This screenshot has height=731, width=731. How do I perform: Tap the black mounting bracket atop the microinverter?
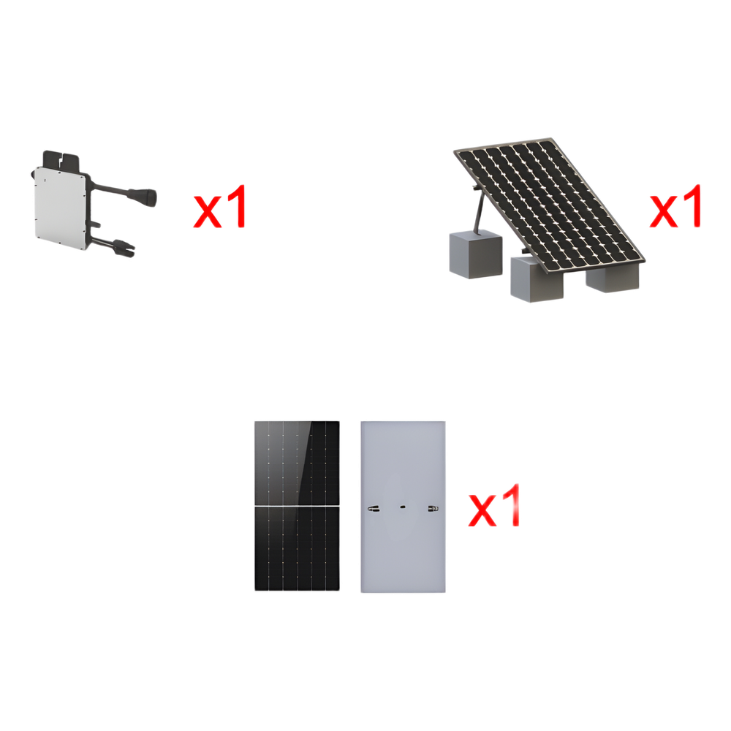click(x=61, y=160)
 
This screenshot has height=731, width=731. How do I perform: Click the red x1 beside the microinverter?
click(x=219, y=207)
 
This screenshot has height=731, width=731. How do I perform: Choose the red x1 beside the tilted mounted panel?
click(x=675, y=206)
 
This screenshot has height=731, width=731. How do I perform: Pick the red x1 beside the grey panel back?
click(x=493, y=506)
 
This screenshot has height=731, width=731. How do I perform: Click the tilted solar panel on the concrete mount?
click(x=549, y=204)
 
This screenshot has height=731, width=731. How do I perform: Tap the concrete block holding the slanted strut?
click(x=476, y=255)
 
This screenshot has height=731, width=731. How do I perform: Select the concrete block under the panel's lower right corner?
click(x=612, y=278)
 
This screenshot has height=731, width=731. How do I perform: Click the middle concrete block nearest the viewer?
click(x=537, y=279)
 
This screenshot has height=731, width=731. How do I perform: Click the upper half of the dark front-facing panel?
click(x=297, y=463)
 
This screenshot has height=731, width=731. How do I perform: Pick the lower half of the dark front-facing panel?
click(x=297, y=549)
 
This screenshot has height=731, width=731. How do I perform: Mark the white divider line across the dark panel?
click(x=297, y=507)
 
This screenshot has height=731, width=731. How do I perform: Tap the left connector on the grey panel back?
click(x=374, y=509)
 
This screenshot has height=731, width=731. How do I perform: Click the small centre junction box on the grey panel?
click(x=403, y=507)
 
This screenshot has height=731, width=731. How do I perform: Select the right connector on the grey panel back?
click(x=433, y=509)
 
